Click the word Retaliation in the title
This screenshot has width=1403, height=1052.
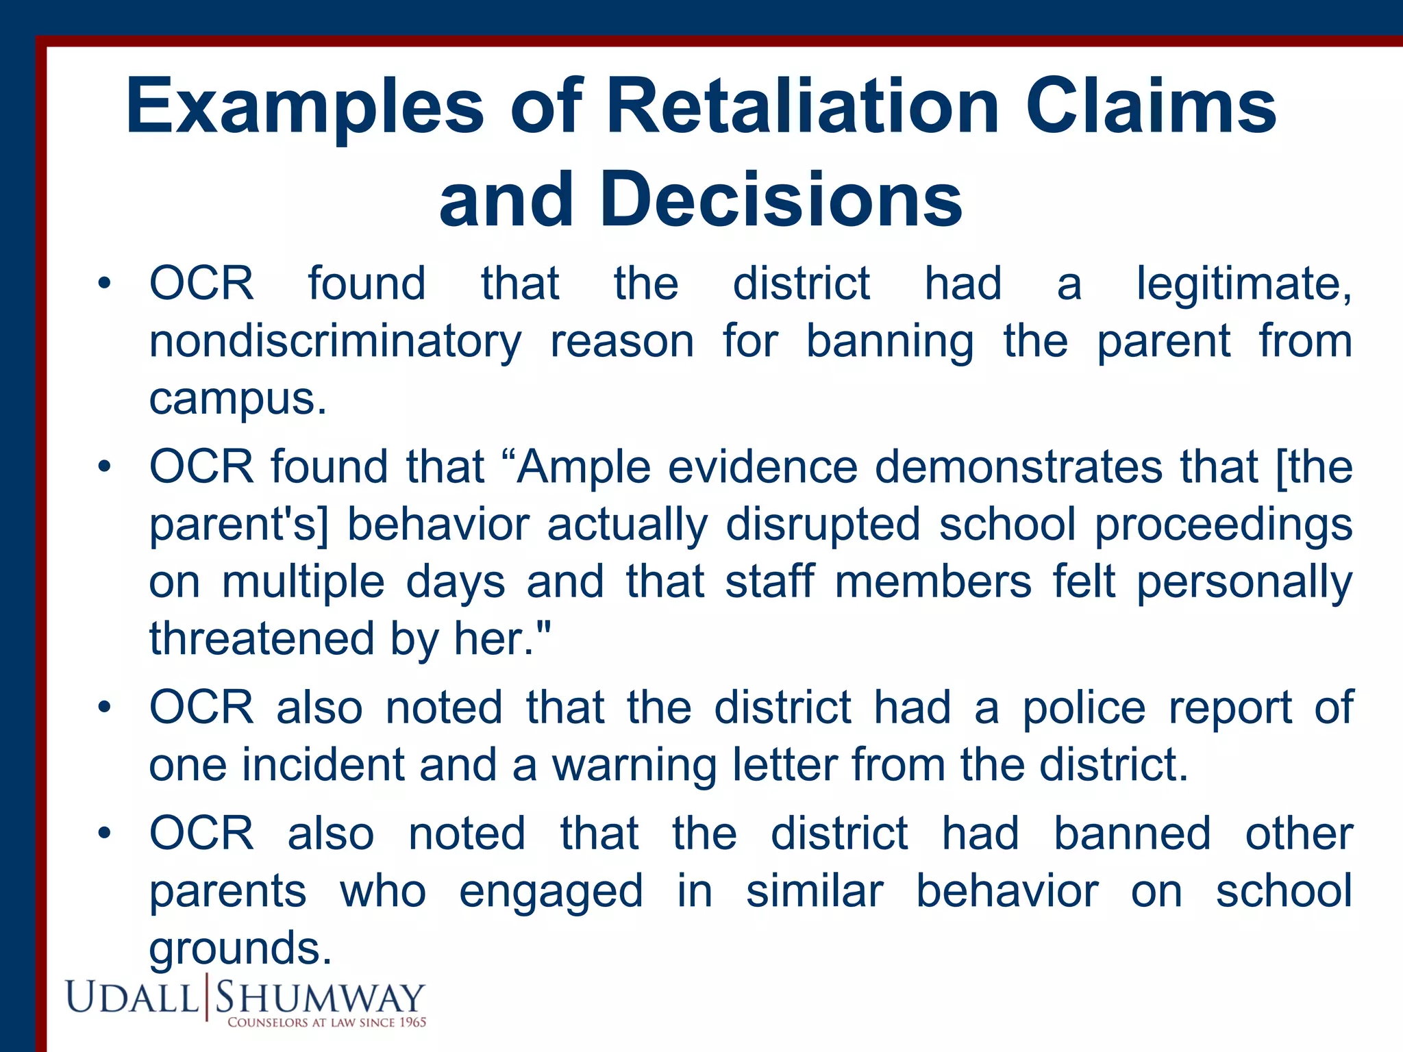802,106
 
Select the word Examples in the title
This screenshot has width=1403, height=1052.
305,106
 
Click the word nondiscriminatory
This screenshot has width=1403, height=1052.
335,342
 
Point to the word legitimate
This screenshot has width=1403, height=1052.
1243,284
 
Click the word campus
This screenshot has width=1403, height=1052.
237,399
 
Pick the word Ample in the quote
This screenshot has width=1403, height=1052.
584,467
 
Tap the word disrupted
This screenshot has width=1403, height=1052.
822,525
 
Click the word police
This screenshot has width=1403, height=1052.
1084,707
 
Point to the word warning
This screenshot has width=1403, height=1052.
634,765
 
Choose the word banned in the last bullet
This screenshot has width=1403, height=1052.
1132,834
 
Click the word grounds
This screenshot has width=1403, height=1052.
240,949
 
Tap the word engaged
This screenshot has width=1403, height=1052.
551,892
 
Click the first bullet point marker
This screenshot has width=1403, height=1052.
103,284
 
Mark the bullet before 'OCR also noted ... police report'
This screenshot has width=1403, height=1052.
103,707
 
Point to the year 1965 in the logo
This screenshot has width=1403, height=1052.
412,1023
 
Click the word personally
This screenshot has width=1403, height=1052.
1244,582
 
